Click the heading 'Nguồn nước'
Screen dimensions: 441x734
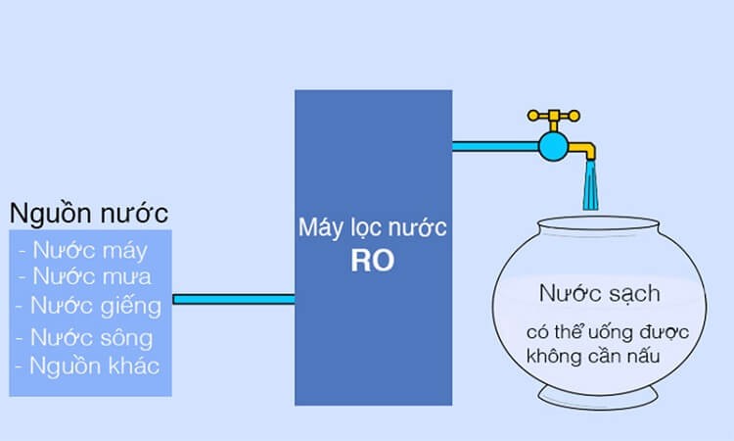pos(88,212)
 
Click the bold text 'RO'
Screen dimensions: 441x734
pos(373,262)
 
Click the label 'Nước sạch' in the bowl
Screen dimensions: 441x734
pos(600,293)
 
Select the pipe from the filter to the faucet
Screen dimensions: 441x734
pos(494,147)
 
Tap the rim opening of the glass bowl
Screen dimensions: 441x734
pos(590,226)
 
